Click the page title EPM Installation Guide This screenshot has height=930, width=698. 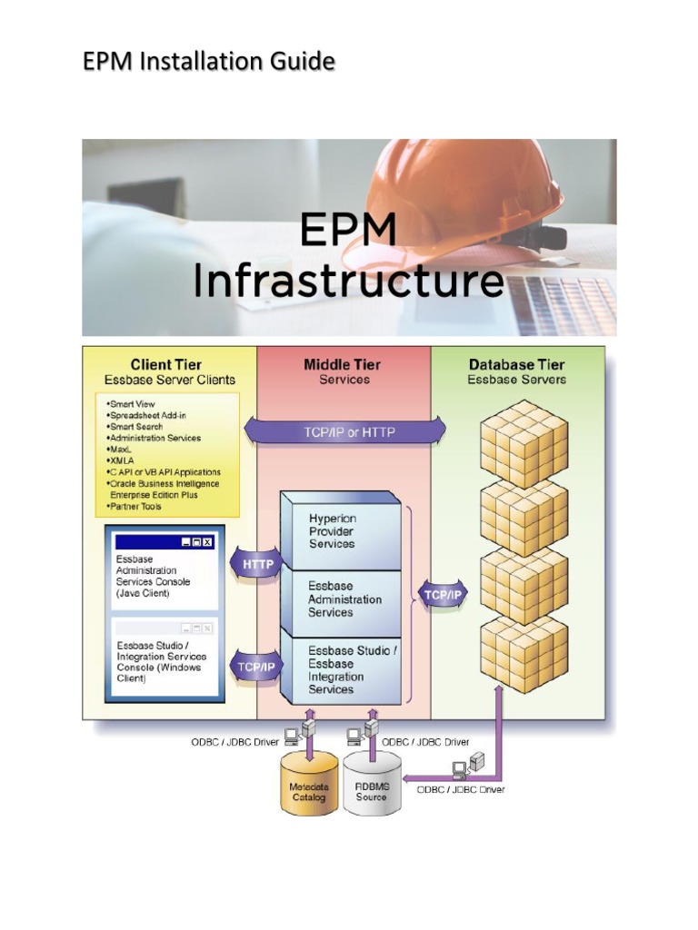pos(209,62)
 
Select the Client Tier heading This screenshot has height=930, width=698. pos(165,365)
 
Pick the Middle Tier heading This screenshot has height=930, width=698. pos(342,365)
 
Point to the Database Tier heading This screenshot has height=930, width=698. pos(516,365)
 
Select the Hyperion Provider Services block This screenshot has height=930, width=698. pos(341,531)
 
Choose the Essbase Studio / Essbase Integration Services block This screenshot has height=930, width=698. pos(341,670)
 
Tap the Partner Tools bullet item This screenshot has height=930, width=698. pos(137,506)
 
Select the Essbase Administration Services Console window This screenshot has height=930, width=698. pos(165,573)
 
